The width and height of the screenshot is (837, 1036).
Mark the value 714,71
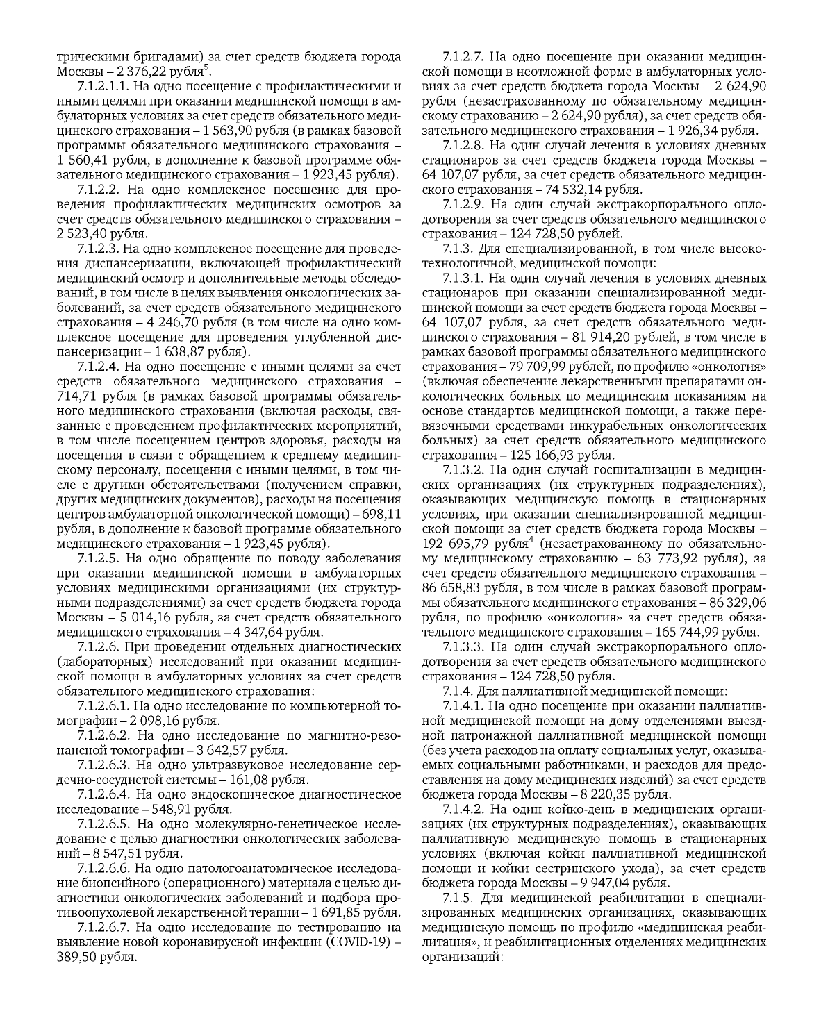[x=76, y=396]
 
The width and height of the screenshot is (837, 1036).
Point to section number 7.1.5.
[x=456, y=898]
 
